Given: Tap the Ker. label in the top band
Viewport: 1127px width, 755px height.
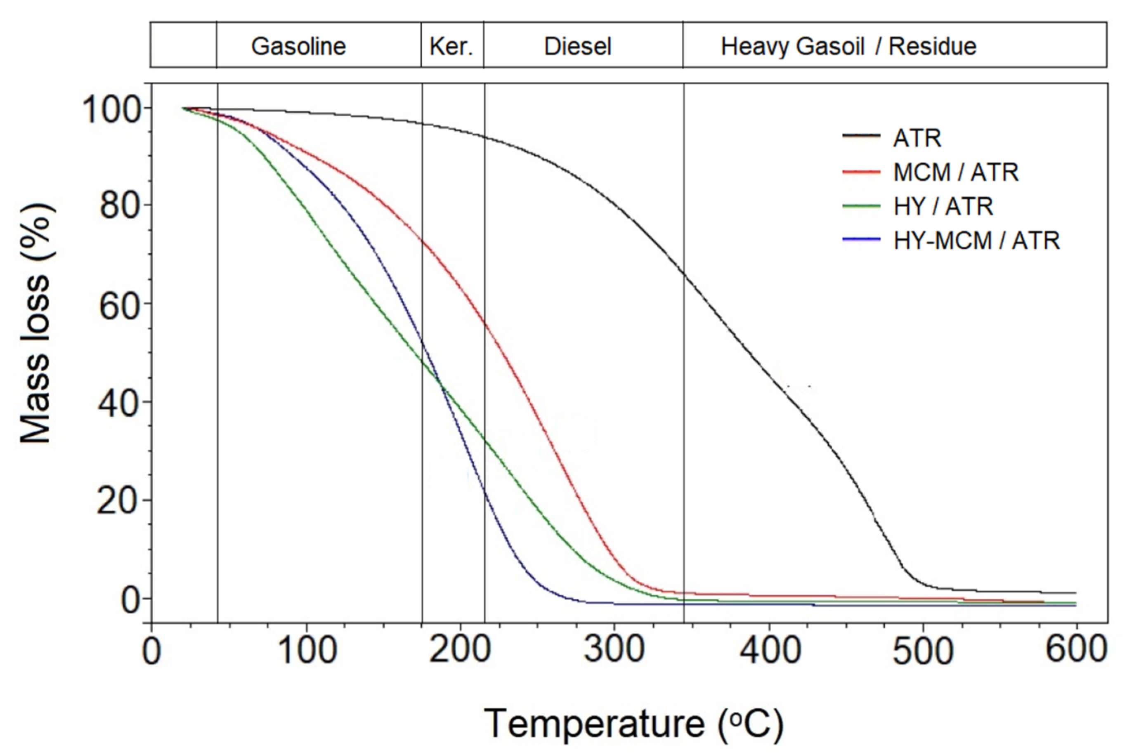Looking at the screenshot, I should pos(451,47).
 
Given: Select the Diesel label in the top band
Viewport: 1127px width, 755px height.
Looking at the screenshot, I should pos(577,47).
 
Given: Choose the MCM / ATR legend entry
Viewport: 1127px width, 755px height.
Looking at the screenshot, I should pos(956,172).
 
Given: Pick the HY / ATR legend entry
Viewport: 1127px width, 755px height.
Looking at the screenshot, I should pos(943,207).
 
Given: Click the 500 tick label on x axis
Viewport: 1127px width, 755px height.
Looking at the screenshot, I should pos(923,651).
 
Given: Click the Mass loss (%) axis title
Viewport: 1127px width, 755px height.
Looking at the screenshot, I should pos(36,323).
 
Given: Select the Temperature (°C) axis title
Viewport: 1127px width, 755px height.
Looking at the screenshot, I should pos(633,724).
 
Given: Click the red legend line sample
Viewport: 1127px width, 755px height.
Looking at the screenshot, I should pos(861,172).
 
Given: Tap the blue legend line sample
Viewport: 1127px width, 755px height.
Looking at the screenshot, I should pos(861,240).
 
